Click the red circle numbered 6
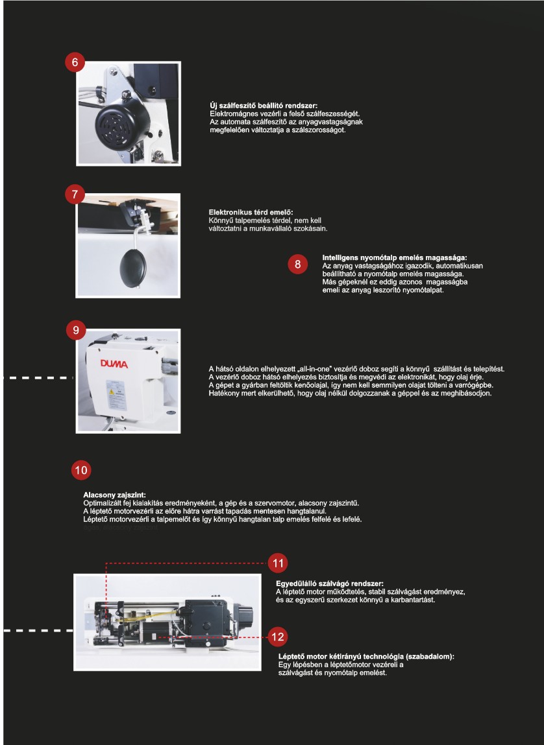coord(75,62)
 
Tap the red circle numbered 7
coord(75,195)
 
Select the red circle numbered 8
coord(297,264)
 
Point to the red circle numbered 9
coord(76,330)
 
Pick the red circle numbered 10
coord(81,470)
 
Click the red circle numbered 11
coord(278,563)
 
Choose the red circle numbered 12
coord(277,637)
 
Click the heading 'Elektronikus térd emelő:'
coord(251,213)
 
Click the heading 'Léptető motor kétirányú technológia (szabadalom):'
coord(365,657)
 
